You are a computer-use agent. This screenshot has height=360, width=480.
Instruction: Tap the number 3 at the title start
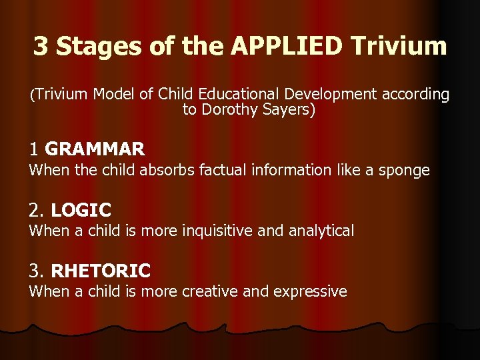(x=41, y=46)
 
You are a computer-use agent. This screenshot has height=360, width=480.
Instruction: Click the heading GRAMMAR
(x=95, y=149)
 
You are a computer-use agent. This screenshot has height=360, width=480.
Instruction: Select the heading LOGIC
(x=81, y=210)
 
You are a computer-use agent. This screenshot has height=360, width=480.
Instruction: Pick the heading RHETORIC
(x=101, y=271)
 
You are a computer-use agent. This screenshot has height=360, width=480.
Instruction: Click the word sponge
(x=405, y=171)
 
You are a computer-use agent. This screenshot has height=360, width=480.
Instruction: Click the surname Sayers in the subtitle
(x=287, y=110)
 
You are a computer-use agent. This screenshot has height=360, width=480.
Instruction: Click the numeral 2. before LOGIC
(x=37, y=210)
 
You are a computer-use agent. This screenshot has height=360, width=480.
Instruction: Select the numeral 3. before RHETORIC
(x=37, y=271)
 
